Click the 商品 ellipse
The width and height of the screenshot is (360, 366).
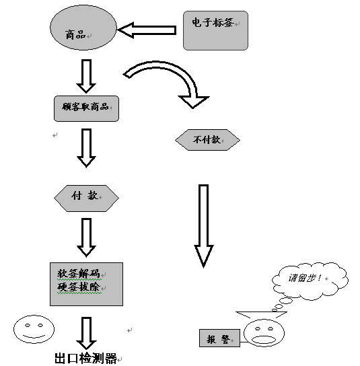coord(83,28)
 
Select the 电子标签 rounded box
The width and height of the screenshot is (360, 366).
coord(215,30)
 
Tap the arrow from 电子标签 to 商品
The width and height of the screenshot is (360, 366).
coord(147,30)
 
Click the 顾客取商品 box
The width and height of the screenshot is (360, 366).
coord(86,108)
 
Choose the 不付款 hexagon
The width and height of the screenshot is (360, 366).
coord(207,140)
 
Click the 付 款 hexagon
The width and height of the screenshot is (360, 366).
coord(86,198)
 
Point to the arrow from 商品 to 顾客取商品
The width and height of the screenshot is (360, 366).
coord(86,76)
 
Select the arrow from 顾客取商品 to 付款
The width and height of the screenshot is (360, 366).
coord(86,148)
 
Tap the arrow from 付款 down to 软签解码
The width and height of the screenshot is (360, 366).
coord(86,237)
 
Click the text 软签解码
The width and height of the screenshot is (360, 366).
coord(79,273)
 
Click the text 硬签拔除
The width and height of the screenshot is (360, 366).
coord(79,287)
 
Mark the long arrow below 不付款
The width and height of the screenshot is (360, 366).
coord(204,226)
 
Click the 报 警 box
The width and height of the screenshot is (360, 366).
coord(219,338)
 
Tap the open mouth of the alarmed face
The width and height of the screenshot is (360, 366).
coord(264,339)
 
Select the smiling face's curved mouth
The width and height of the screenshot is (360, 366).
coord(34,337)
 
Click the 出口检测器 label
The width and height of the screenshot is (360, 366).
coord(85,359)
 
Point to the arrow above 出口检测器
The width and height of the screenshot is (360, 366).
coord(86,333)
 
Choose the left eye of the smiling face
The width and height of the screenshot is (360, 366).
coord(28,326)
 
